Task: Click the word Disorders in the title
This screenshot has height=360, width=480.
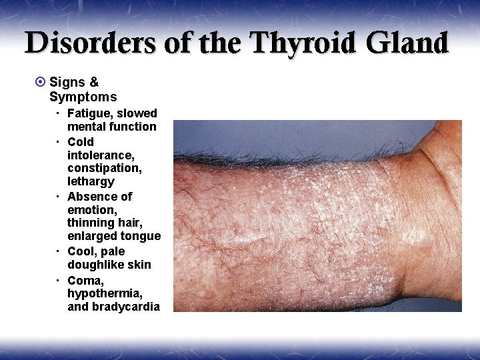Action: pos(91,43)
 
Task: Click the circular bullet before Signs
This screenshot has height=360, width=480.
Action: pos(39,83)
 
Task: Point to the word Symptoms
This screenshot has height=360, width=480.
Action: pos(83,97)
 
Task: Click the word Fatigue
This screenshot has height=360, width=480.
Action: pos(89,113)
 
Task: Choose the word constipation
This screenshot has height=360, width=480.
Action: pos(104,168)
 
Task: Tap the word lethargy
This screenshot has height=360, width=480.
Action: pos(91,181)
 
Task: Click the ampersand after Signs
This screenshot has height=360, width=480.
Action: pos(94,83)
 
